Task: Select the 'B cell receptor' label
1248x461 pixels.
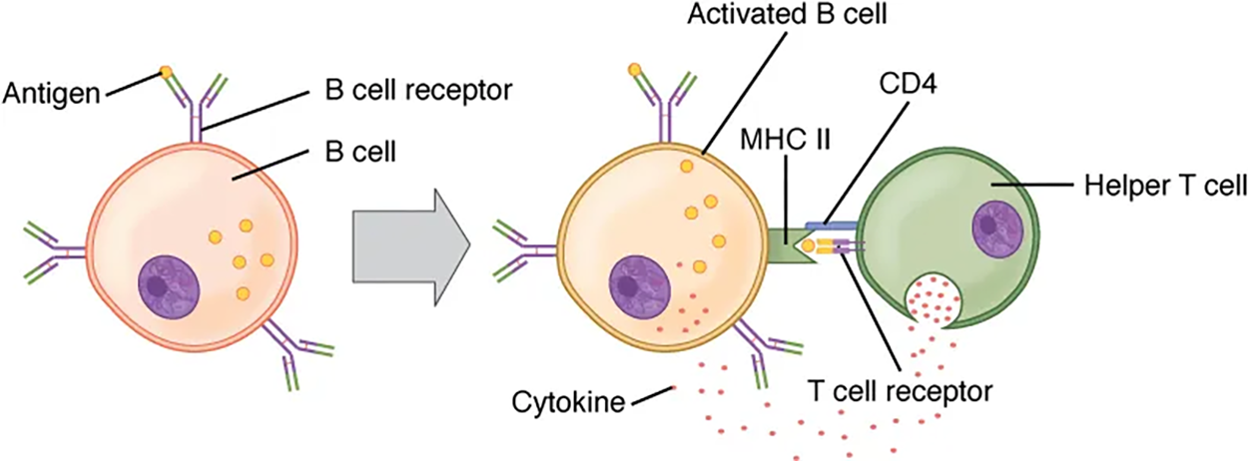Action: (419, 91)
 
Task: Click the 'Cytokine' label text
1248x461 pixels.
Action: (565, 402)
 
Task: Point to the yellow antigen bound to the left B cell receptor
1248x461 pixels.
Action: (166, 73)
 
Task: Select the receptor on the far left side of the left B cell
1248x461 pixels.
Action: (50, 253)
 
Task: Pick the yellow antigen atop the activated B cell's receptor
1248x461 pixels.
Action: (634, 71)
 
